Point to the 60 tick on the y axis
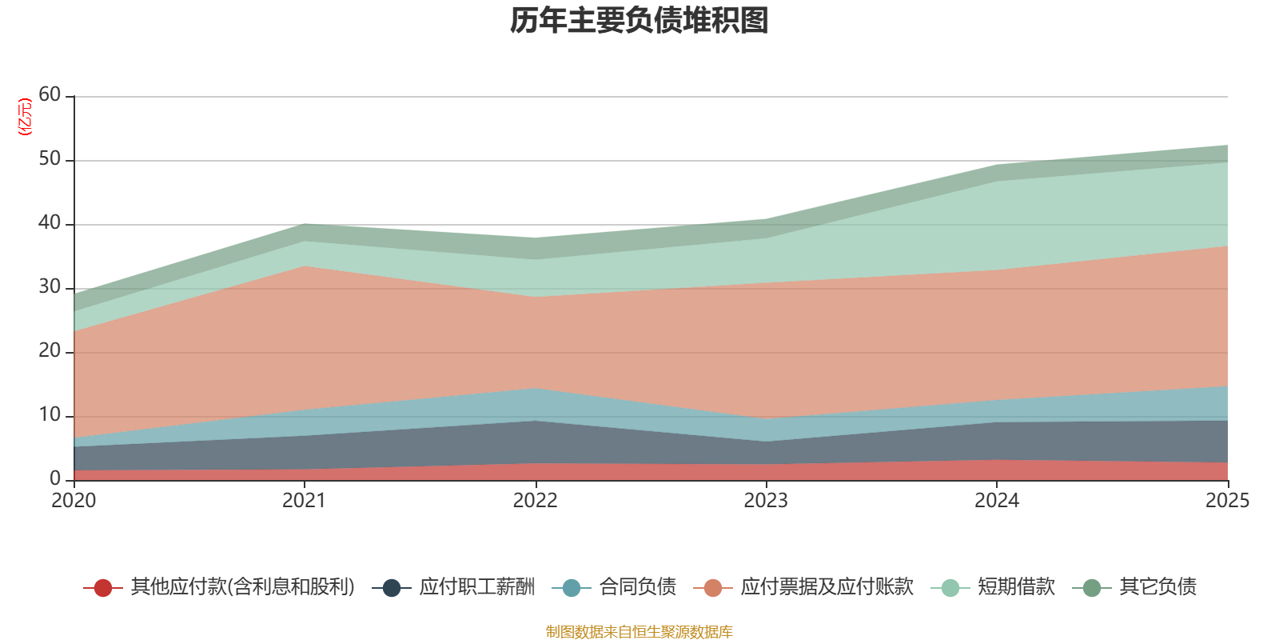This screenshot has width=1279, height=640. tap(50, 94)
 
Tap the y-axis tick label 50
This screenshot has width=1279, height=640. tap(50, 158)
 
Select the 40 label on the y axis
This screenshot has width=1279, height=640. tap(50, 222)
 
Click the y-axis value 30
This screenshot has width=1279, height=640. tap(50, 286)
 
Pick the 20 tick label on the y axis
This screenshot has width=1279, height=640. tap(50, 350)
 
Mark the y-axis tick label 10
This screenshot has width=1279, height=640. tap(50, 414)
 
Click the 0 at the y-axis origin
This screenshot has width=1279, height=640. tap(55, 478)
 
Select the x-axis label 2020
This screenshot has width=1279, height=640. tap(74, 501)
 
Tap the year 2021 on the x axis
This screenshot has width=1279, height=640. tap(304, 501)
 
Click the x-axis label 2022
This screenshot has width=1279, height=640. tap(535, 501)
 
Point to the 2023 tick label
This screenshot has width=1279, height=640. tap(766, 501)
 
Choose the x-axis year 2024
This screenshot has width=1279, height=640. tap(996, 501)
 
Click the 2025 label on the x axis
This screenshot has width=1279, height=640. tap(1226, 501)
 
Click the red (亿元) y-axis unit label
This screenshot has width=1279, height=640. tap(25, 117)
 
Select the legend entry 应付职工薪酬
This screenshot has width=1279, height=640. tap(476, 587)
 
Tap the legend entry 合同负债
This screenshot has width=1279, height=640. tap(637, 587)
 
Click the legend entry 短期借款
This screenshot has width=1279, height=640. tap(1015, 587)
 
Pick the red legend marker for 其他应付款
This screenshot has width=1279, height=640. tap(102, 588)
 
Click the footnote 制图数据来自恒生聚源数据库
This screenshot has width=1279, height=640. tap(639, 632)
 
